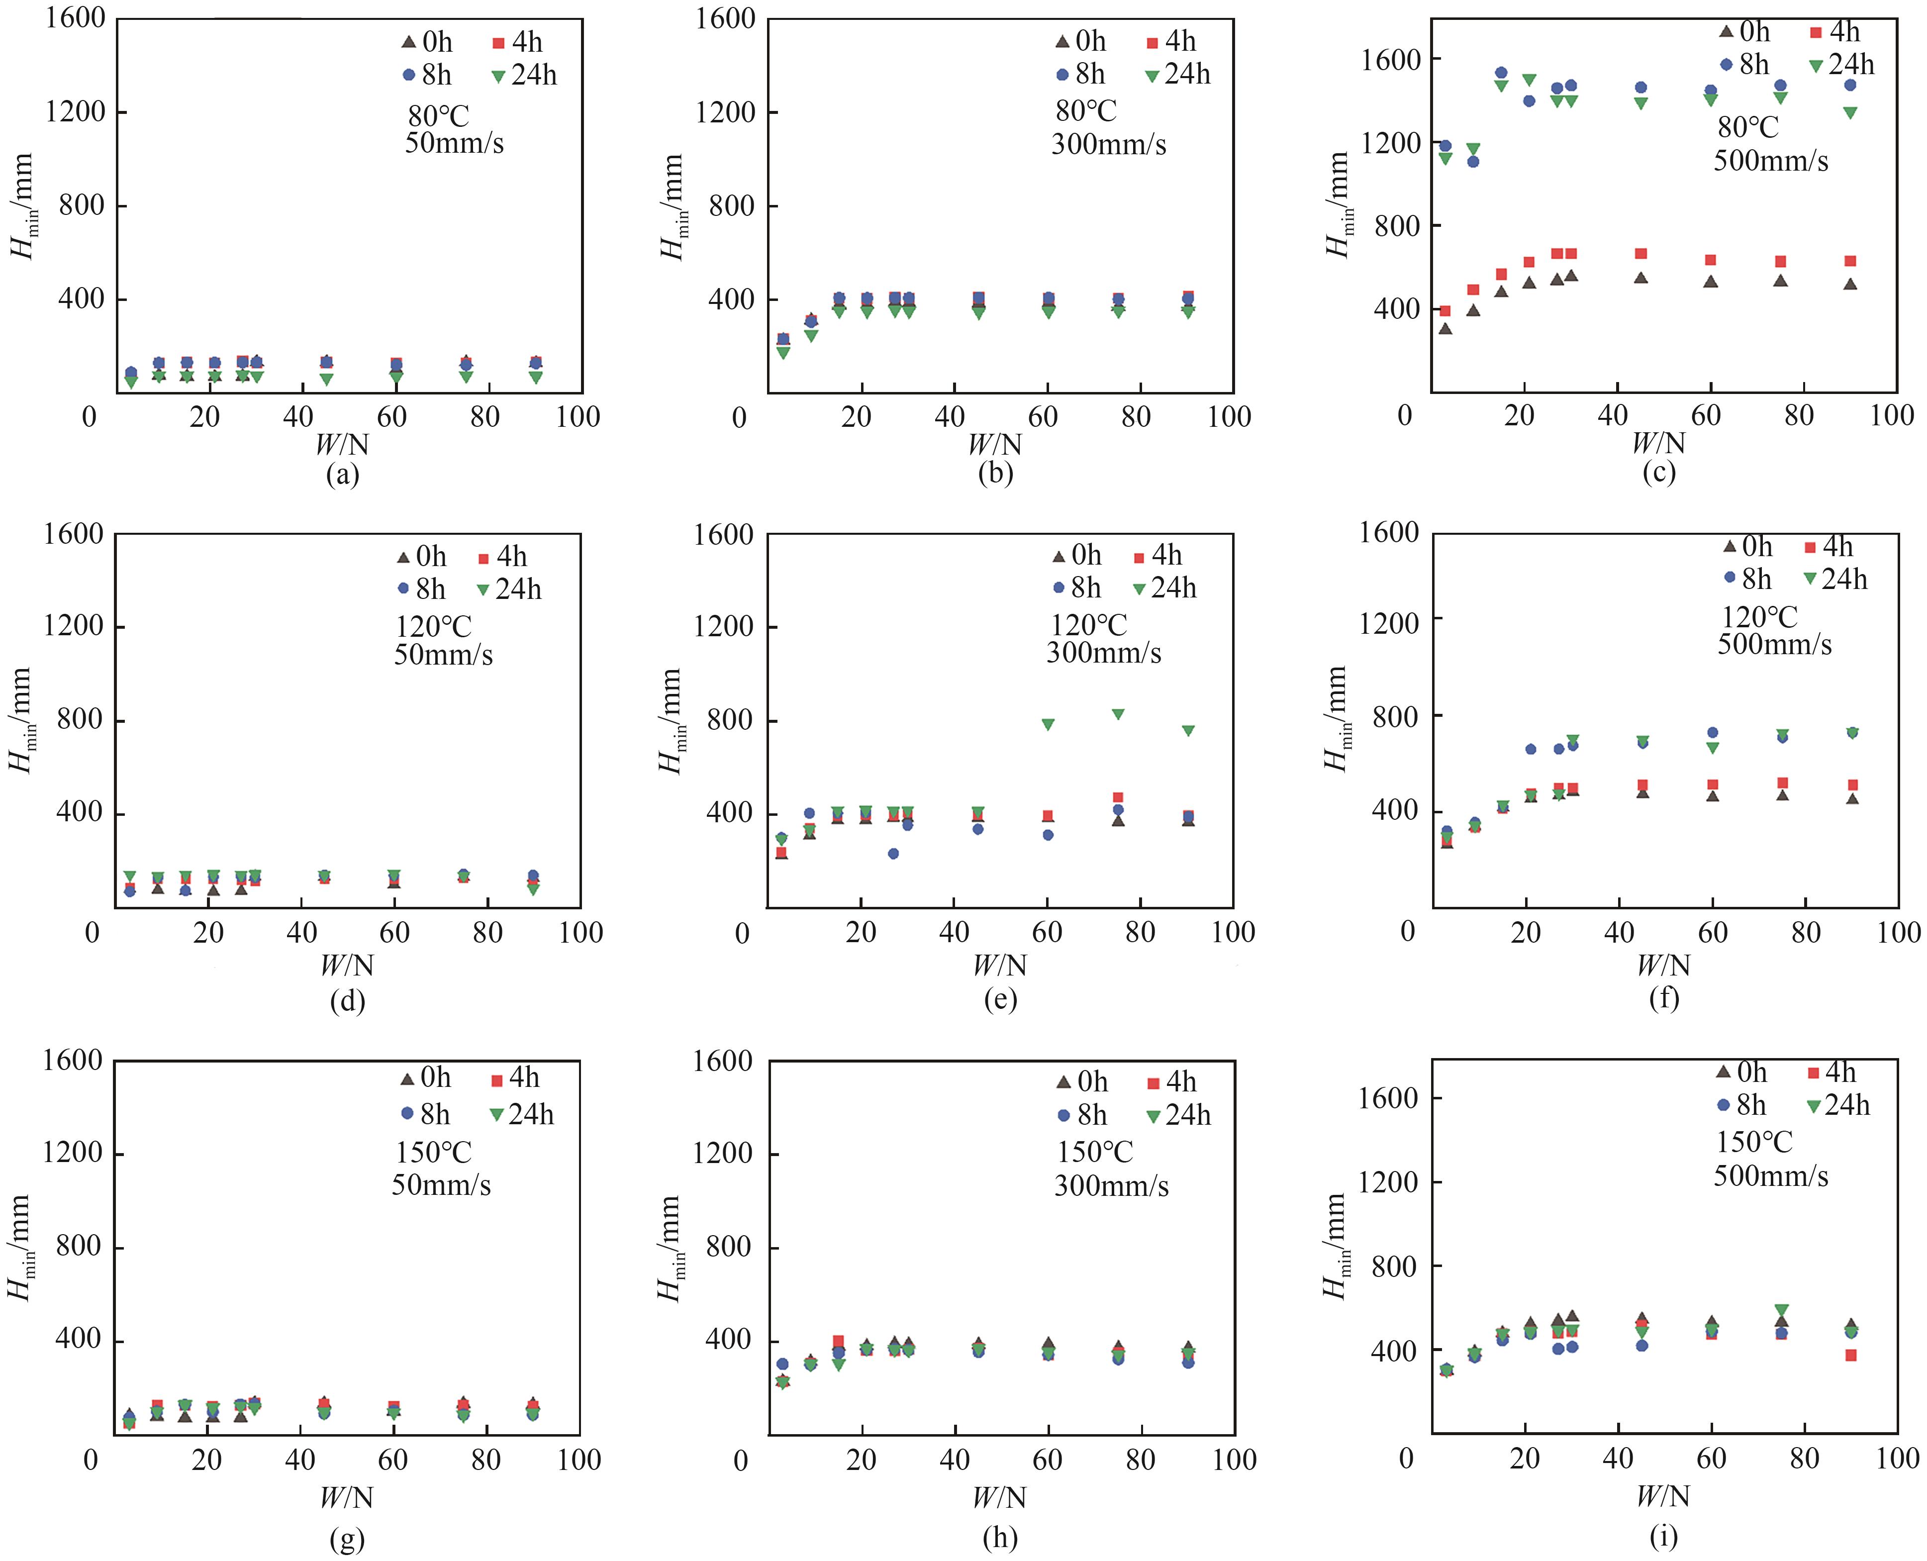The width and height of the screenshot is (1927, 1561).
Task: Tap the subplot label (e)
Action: (x=1000, y=998)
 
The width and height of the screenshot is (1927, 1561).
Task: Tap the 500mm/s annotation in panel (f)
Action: (x=1774, y=644)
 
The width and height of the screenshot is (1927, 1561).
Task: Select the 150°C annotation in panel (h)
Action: (x=1094, y=1152)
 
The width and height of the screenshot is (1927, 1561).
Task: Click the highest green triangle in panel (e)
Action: (x=1118, y=714)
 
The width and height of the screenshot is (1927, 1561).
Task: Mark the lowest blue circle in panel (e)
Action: (x=893, y=853)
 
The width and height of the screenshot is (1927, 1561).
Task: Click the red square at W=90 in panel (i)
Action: (x=1850, y=1355)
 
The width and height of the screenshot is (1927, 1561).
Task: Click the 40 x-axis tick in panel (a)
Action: (x=298, y=417)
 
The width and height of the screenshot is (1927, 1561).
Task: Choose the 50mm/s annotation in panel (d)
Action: (x=443, y=655)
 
